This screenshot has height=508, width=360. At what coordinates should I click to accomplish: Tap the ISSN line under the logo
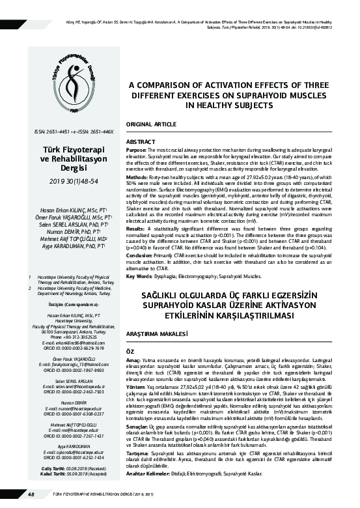(x=68, y=132)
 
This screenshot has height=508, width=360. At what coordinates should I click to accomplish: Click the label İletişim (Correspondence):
(x=68, y=303)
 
